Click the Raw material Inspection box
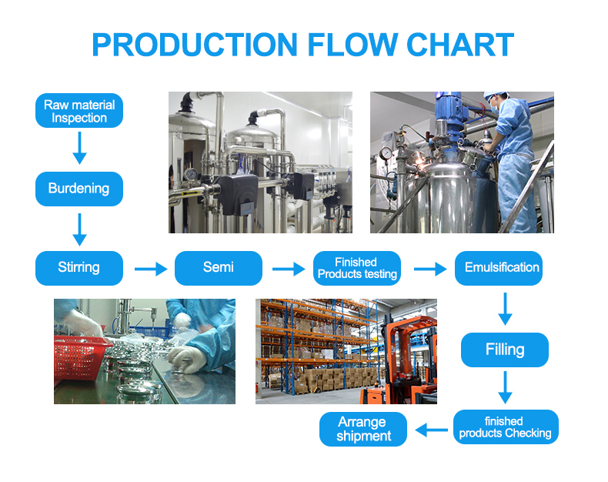(x=79, y=111)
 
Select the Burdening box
(x=79, y=189)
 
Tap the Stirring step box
(x=79, y=268)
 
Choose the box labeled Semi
(x=219, y=268)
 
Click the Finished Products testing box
(x=357, y=268)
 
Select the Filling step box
(x=505, y=350)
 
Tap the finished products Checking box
(x=506, y=427)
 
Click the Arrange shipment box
(x=363, y=429)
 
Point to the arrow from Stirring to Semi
(x=150, y=269)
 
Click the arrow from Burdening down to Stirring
(x=79, y=229)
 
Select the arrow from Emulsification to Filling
(x=505, y=308)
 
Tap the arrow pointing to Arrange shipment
(x=432, y=428)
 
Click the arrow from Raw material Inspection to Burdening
(x=79, y=148)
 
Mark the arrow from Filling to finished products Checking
(x=505, y=387)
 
